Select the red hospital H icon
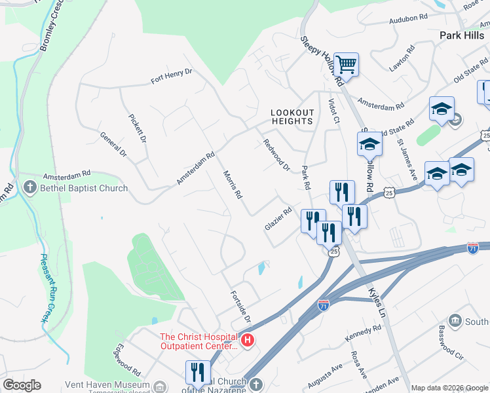point(248,340)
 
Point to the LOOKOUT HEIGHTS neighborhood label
point(293,117)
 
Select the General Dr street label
point(113,145)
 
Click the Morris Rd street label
point(233,185)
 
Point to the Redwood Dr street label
point(276,155)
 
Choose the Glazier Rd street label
point(278,219)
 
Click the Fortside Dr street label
point(241,305)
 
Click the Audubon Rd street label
point(407,20)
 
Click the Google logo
point(22,385)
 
